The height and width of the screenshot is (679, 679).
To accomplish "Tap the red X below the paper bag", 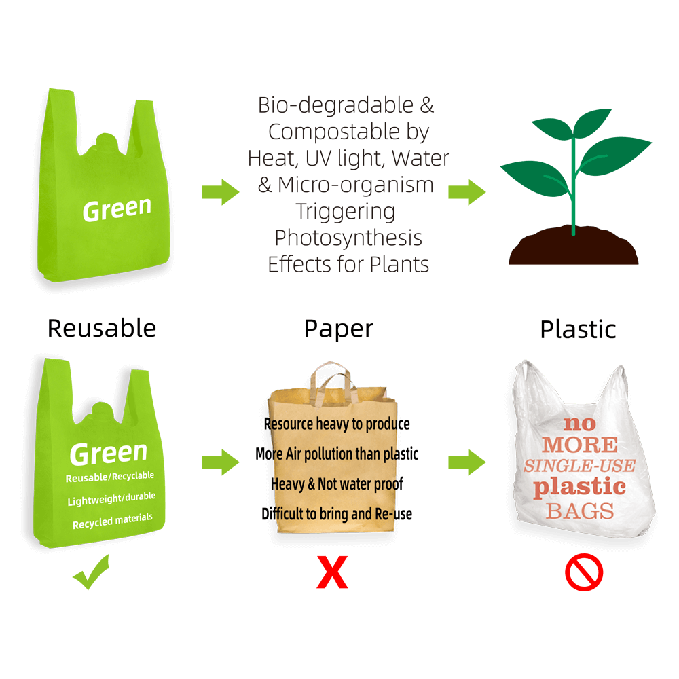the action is click(x=332, y=572).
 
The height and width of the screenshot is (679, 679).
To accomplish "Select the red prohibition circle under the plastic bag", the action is click(x=584, y=572).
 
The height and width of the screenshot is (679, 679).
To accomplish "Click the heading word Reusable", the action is click(x=102, y=328).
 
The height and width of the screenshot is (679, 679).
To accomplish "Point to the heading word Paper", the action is click(x=338, y=329).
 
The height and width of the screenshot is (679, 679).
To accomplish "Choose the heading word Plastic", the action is click(x=578, y=329).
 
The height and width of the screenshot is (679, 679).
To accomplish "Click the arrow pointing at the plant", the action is click(x=467, y=192).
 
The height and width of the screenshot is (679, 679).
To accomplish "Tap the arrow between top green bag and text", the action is click(x=221, y=192).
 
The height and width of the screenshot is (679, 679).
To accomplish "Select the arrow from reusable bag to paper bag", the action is click(x=221, y=462).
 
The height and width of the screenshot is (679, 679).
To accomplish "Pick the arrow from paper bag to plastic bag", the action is click(x=467, y=462).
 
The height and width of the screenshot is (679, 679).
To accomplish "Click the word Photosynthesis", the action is click(x=348, y=238).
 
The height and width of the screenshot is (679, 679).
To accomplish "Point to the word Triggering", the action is click(x=346, y=212).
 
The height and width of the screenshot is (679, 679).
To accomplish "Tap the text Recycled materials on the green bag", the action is click(x=113, y=521).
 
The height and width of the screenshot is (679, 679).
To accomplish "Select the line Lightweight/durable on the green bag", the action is click(x=111, y=498).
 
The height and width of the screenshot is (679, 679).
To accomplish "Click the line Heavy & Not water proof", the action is click(x=337, y=483).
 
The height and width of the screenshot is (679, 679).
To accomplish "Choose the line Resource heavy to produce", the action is click(x=337, y=424).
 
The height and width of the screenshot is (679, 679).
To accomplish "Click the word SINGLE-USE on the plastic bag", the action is click(x=579, y=466).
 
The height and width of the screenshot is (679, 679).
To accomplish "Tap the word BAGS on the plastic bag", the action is click(x=580, y=511).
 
